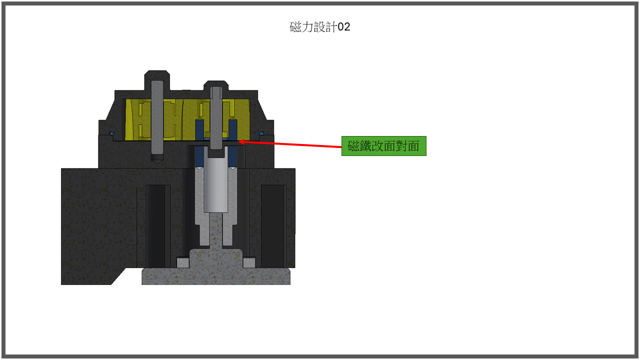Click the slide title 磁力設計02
tap(320, 27)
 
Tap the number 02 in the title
tap(344, 27)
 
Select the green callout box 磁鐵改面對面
tap(383, 146)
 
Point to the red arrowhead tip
tap(240, 141)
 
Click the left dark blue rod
tap(199, 142)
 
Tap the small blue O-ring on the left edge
tap(111, 133)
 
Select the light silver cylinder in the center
tap(216, 185)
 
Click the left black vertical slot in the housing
tap(155, 225)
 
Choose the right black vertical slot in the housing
tap(272, 225)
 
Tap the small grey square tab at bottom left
tap(183, 262)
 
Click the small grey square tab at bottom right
tap(249, 262)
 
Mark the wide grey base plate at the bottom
tap(216, 276)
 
